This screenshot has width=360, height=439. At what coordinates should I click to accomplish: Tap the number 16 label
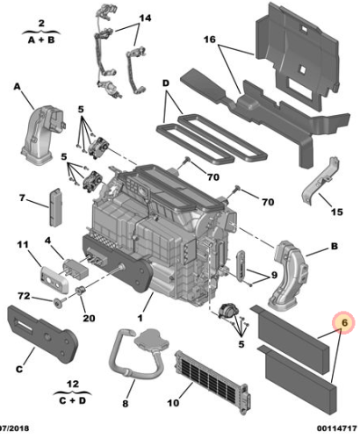click(210, 40)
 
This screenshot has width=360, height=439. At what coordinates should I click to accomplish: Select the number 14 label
click(144, 18)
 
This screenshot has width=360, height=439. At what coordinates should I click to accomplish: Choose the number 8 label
click(126, 405)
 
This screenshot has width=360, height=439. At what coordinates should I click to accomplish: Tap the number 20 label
click(88, 318)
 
